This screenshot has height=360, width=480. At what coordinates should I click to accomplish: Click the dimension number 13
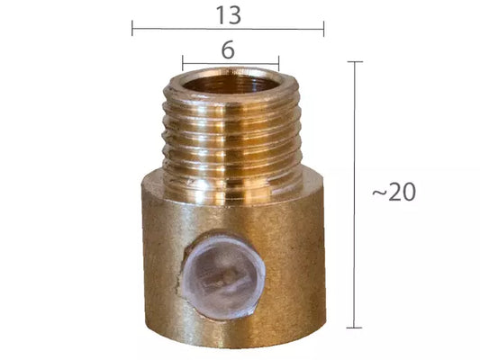click(229, 15)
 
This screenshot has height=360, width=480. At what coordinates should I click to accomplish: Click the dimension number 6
click(228, 49)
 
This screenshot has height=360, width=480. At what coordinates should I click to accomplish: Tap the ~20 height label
click(394, 192)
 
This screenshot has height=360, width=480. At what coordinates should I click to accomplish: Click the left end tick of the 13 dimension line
click(132, 28)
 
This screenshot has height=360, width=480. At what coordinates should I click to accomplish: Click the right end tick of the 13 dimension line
click(323, 29)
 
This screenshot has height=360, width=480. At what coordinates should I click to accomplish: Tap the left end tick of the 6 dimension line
click(183, 63)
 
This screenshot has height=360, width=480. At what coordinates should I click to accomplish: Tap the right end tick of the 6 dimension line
click(278, 63)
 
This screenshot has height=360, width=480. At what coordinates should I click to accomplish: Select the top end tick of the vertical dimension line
click(355, 62)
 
